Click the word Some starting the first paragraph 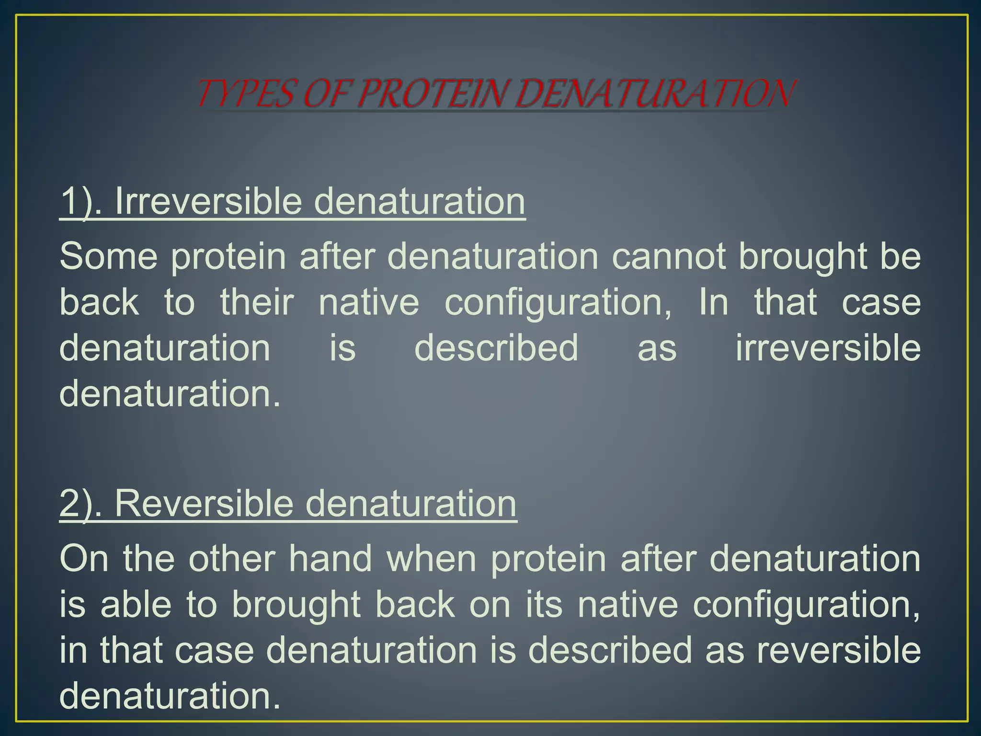coord(108,256)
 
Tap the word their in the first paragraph coord(257,302)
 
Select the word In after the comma coord(713,302)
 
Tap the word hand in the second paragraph coord(331,559)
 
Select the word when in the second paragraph coord(431,559)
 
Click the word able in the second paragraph coord(136,604)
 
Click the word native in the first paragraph coord(369,302)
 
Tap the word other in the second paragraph coord(232,559)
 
